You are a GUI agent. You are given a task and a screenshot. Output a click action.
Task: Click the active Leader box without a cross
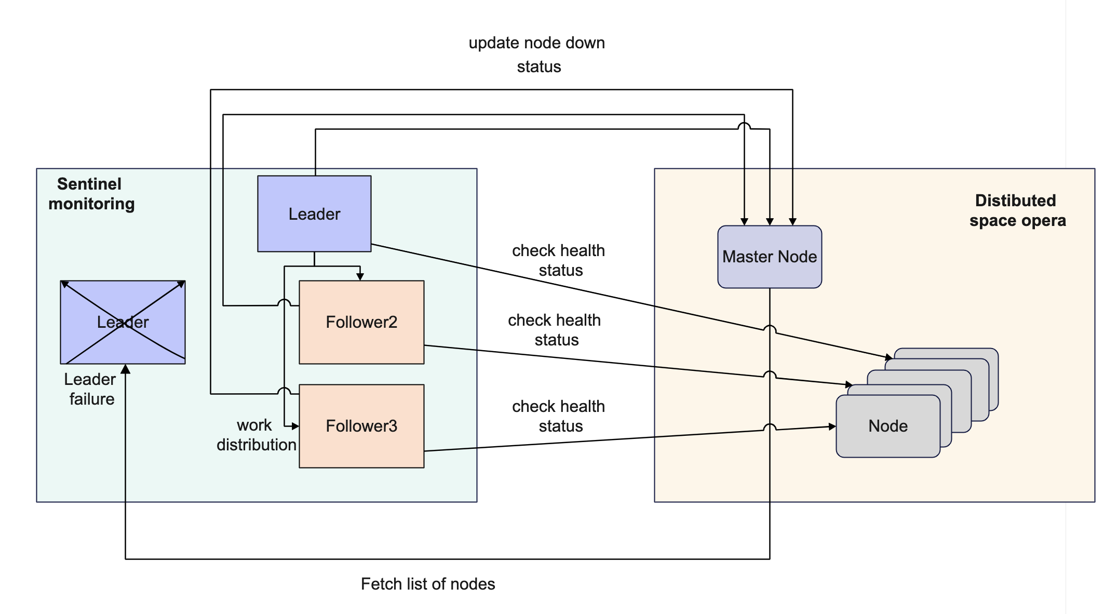click(x=314, y=213)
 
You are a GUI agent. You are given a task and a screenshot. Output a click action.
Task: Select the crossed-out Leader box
click(x=123, y=322)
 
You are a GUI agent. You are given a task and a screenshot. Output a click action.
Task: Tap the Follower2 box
click(x=361, y=322)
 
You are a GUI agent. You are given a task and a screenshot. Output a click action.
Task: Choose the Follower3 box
click(x=361, y=426)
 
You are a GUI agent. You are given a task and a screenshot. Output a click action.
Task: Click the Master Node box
click(x=769, y=257)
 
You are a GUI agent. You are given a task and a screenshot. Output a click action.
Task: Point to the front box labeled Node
click(x=887, y=426)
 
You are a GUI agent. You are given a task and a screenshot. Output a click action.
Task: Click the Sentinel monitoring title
click(x=91, y=194)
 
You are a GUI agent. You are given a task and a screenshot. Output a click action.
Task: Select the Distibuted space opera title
click(x=1017, y=210)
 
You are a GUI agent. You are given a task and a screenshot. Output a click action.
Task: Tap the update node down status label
click(x=537, y=55)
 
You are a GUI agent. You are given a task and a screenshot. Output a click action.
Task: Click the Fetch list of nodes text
click(x=427, y=584)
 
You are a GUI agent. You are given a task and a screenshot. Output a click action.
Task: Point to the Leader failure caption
click(x=90, y=389)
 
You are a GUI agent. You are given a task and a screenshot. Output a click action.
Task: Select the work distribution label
click(x=256, y=435)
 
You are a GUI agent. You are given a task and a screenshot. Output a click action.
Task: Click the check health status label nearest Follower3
click(x=558, y=416)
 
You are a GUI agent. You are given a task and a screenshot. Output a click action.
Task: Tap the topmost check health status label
click(x=558, y=260)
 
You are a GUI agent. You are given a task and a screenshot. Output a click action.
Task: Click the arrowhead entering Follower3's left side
click(x=295, y=426)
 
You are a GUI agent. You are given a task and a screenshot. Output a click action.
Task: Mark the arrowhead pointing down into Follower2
click(x=360, y=277)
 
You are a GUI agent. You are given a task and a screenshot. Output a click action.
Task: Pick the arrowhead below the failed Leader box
click(x=125, y=369)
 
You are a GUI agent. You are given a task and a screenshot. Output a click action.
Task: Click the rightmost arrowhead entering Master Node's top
click(x=792, y=222)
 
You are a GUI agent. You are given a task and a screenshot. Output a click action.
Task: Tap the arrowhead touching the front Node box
click(x=832, y=426)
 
